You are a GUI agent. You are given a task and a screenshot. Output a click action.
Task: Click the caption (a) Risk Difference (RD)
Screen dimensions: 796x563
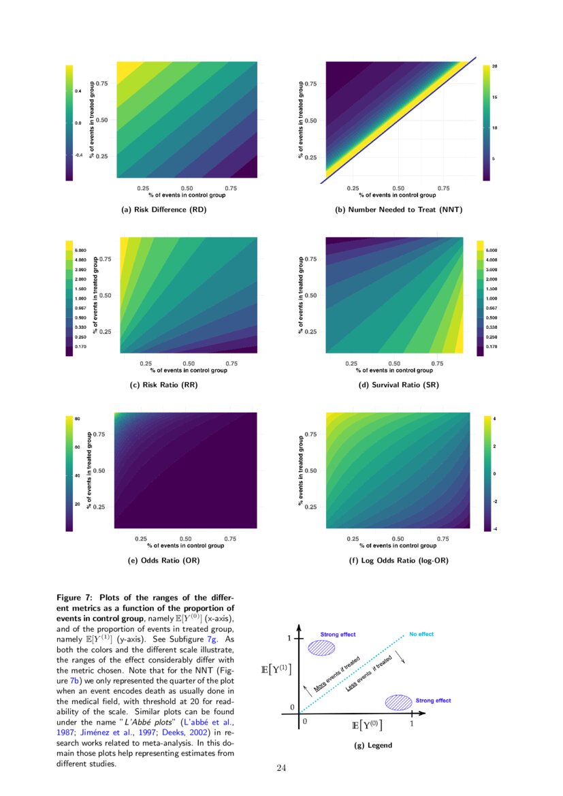[x=163, y=210]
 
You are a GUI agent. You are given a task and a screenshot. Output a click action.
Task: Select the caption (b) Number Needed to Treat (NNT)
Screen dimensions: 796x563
[x=398, y=210]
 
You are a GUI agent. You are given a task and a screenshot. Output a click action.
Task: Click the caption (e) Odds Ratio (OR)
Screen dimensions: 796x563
[x=163, y=560]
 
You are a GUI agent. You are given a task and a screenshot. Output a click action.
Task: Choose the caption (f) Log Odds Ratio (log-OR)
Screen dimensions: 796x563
[x=398, y=560]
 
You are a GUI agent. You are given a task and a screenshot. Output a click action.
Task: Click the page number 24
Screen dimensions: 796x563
[x=282, y=769]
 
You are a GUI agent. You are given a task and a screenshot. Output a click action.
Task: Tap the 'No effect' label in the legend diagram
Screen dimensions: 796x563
[x=421, y=635]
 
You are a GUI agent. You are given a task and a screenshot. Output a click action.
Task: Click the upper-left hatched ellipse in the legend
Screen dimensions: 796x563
[x=322, y=647]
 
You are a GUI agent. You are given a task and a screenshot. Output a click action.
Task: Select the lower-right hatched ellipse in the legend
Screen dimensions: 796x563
[x=399, y=702]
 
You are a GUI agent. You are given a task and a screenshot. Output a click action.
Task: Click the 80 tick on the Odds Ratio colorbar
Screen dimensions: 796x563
[x=78, y=418]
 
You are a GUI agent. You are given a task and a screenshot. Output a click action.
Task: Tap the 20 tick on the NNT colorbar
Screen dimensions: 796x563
[x=494, y=66]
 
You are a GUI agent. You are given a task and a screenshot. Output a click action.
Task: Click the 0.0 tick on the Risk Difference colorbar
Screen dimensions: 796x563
[x=78, y=123]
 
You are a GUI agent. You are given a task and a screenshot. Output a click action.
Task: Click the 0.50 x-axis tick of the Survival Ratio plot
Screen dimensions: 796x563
[x=394, y=364]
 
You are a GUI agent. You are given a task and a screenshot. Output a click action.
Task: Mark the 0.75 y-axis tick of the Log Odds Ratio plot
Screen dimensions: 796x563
[x=310, y=434]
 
